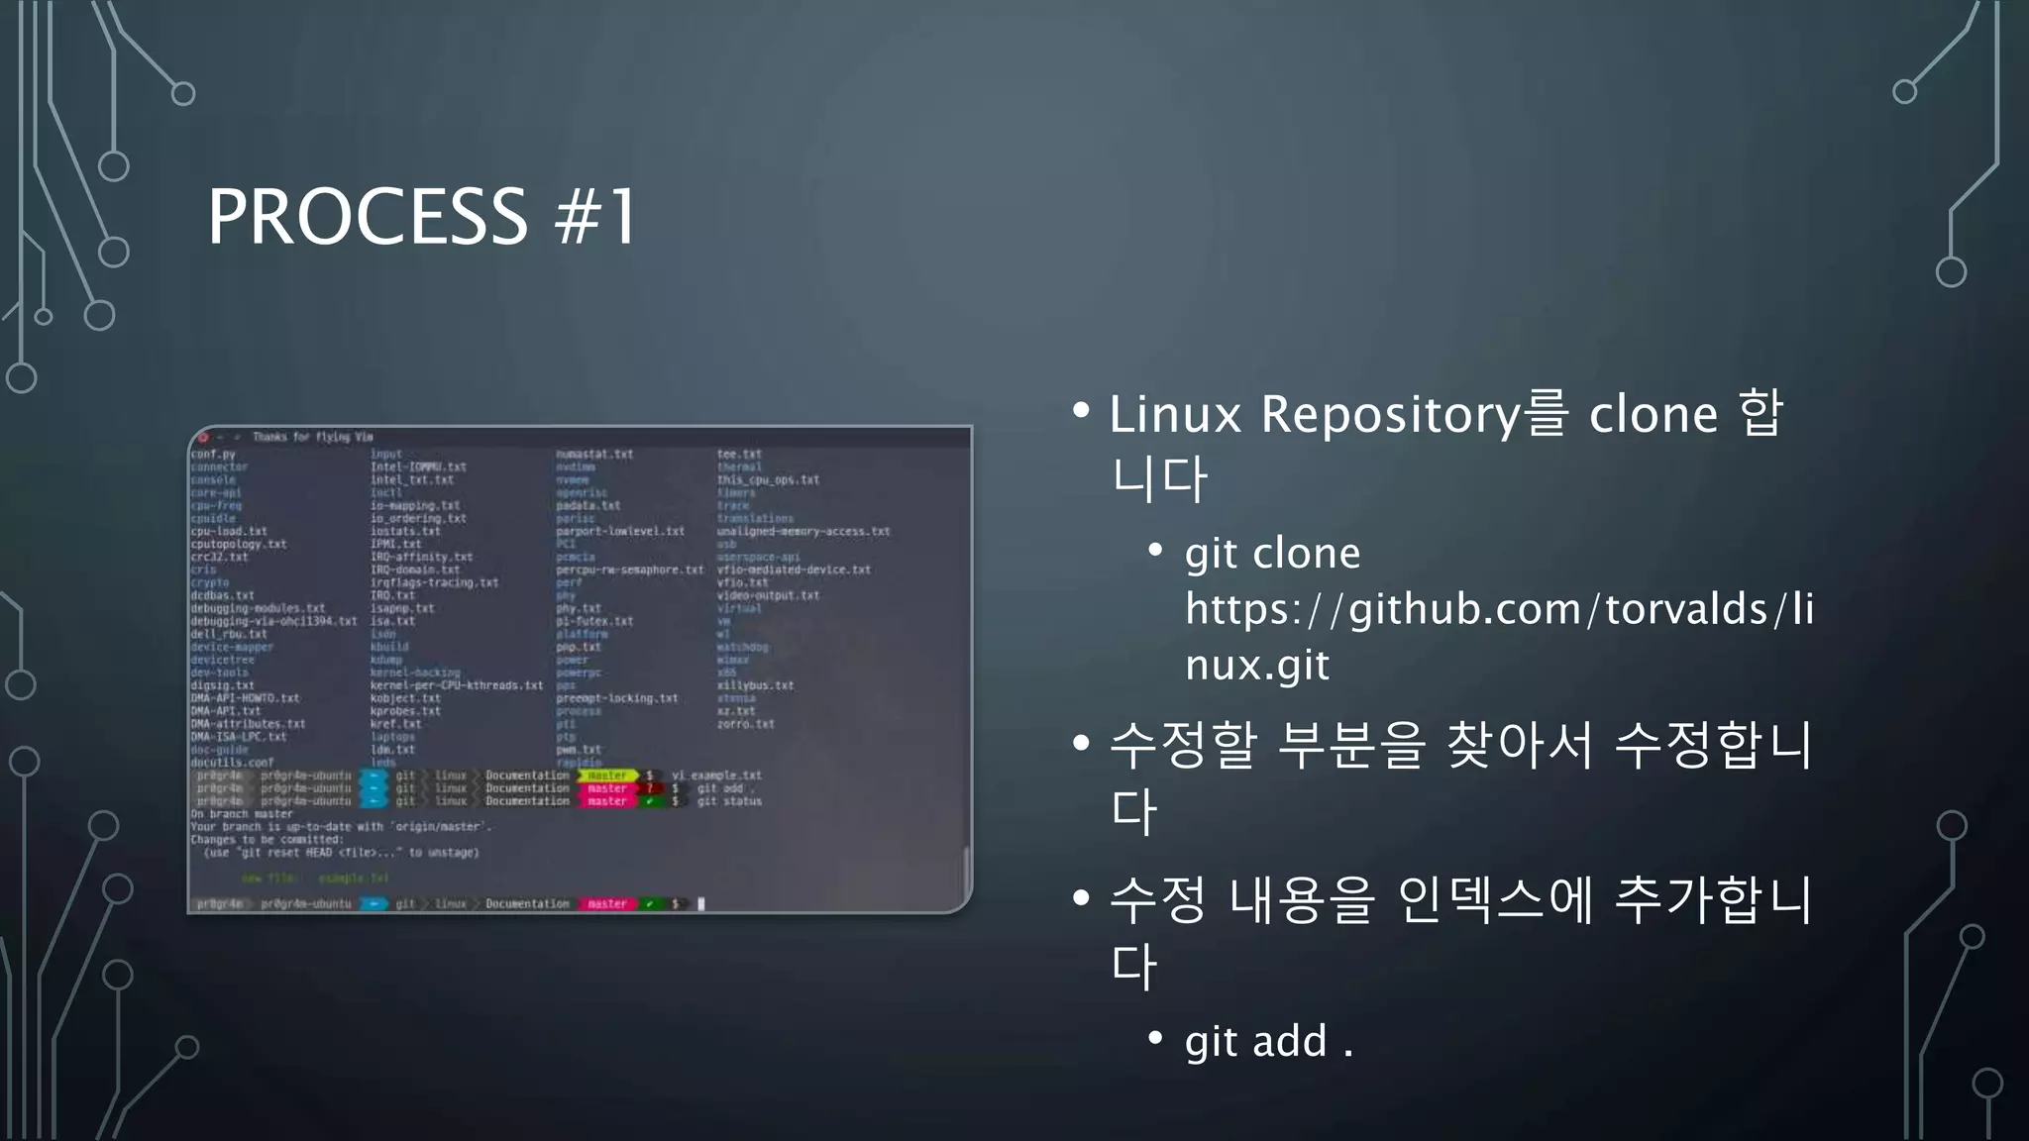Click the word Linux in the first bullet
1175,414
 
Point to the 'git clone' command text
1272,553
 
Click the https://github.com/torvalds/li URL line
1499,608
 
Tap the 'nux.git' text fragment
1256,664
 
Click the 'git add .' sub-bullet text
1268,1041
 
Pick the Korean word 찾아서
1521,745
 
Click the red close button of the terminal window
203,437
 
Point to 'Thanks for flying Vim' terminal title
312,437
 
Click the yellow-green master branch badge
607,776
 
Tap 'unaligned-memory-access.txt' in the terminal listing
802,532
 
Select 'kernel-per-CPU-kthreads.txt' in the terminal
456,685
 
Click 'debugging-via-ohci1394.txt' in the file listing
273,621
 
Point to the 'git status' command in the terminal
729,801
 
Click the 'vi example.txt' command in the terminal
716,776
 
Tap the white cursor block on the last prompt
700,903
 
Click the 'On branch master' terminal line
241,814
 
